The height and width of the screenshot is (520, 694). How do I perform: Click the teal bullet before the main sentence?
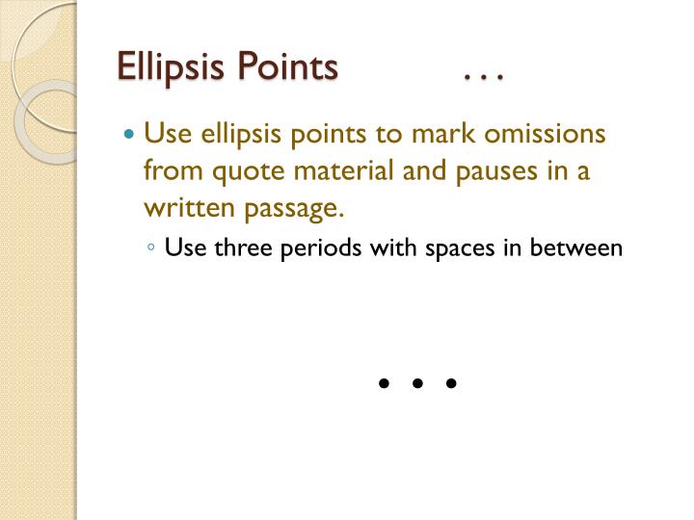click(x=131, y=133)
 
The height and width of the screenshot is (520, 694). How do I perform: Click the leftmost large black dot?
click(x=384, y=383)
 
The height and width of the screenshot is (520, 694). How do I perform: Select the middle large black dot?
click(x=417, y=383)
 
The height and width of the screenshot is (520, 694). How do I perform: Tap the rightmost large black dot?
click(x=451, y=383)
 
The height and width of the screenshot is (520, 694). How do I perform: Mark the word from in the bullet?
click(x=167, y=171)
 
